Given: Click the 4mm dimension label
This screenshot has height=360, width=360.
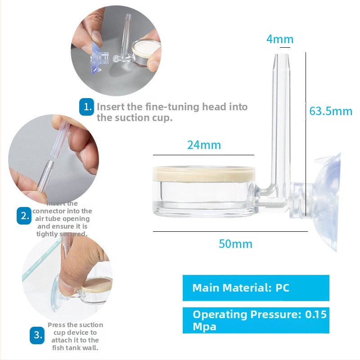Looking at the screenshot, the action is (280, 39).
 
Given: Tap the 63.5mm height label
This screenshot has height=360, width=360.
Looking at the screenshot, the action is (331, 111).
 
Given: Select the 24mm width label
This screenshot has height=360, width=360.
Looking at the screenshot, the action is (204, 145).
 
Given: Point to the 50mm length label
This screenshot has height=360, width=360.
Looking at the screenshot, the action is (235, 244).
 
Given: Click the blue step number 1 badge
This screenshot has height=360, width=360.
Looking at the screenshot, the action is (86, 107).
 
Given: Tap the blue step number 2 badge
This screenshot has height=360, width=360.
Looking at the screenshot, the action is (24, 216).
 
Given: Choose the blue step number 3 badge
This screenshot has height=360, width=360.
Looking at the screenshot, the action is (37, 335).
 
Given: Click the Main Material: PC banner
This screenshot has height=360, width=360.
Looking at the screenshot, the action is (256, 288).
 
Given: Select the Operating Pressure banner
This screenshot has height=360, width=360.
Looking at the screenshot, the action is (256, 320).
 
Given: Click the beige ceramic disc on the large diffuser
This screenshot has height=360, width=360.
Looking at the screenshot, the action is (204, 174).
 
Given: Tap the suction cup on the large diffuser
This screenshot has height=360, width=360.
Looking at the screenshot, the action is (327, 202).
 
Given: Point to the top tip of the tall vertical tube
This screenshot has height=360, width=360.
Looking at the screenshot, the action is (282, 54).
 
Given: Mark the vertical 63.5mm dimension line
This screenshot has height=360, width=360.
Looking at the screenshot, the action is (306, 134).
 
